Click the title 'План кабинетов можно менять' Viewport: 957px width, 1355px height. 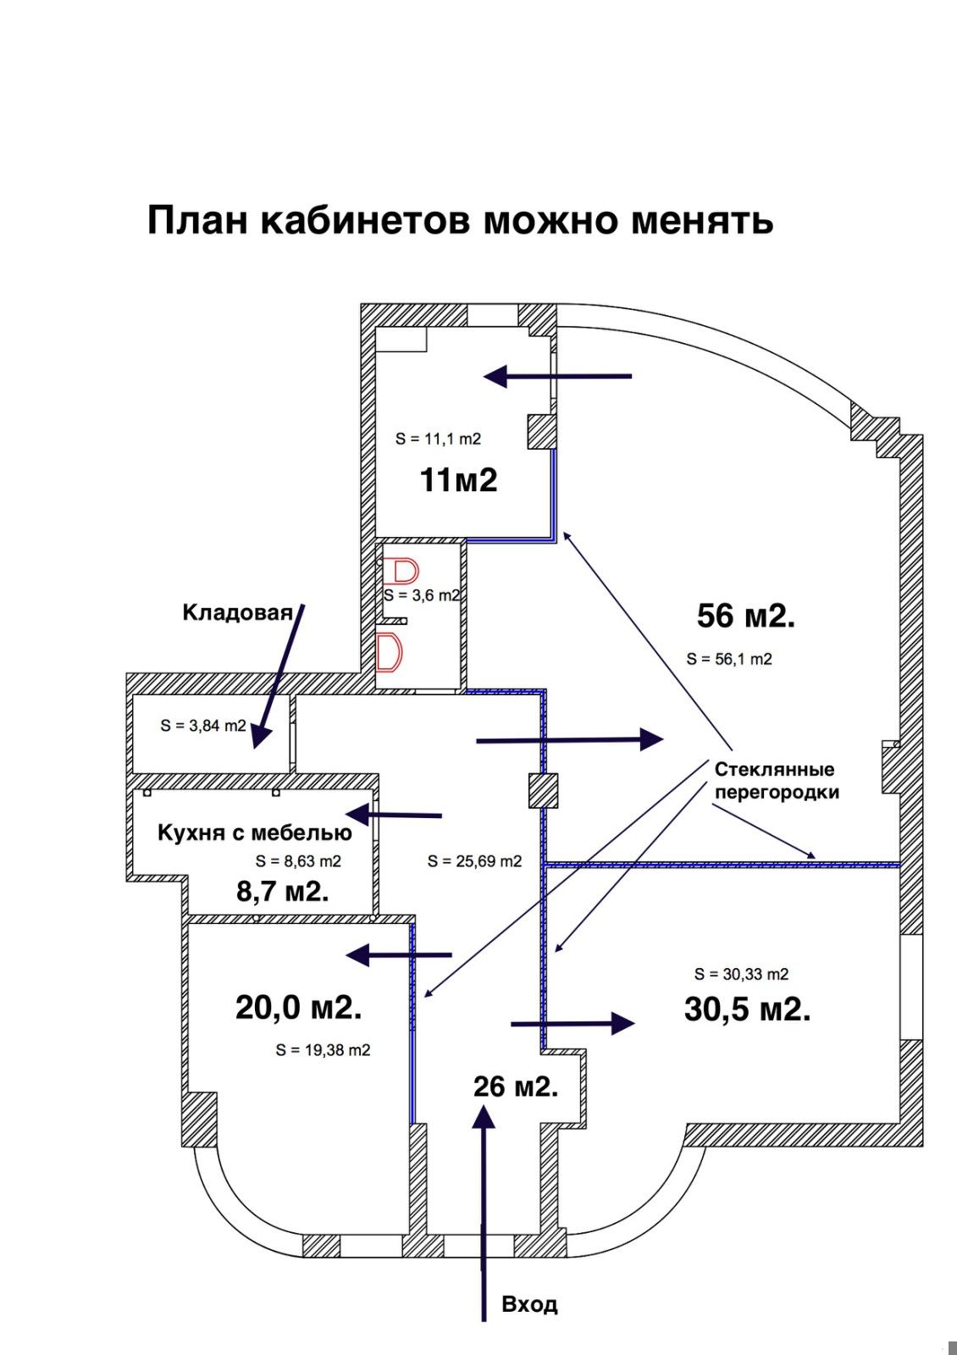[461, 220]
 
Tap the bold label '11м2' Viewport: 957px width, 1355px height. [458, 480]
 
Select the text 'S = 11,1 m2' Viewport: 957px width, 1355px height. [438, 439]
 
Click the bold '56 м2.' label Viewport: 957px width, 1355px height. [746, 616]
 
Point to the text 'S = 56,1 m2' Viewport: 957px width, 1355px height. [729, 659]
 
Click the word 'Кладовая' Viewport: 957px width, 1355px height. [238, 613]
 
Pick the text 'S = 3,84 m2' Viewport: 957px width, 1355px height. [203, 725]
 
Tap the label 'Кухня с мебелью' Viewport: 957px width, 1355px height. [255, 832]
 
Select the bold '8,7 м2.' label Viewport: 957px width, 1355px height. [283, 891]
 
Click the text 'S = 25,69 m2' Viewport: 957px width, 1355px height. [474, 860]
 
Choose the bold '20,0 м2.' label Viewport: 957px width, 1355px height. [299, 1008]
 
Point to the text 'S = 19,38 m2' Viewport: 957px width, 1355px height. [323, 1050]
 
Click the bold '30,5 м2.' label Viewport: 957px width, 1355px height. [748, 1009]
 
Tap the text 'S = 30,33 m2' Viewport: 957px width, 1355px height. [742, 974]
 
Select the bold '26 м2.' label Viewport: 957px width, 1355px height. [516, 1087]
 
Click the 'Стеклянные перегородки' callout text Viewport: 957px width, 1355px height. [777, 780]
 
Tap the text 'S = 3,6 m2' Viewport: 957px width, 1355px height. [422, 595]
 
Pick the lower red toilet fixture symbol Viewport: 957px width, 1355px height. [390, 652]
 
